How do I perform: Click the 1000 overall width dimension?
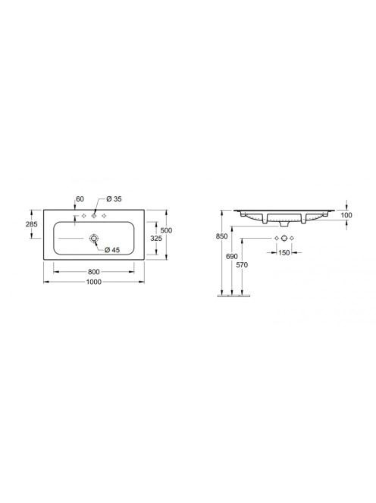[x=94, y=282]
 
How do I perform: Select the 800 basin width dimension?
[x=94, y=272]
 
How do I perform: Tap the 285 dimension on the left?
[x=32, y=224]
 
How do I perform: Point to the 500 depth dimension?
[x=166, y=230]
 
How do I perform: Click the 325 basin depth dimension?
[x=156, y=239]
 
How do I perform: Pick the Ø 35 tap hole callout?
[x=114, y=199]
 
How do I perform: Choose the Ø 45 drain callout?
[x=112, y=249]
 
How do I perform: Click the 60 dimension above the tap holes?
[x=80, y=199]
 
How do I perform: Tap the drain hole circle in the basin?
[x=94, y=239]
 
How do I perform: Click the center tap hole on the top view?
[x=94, y=216]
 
